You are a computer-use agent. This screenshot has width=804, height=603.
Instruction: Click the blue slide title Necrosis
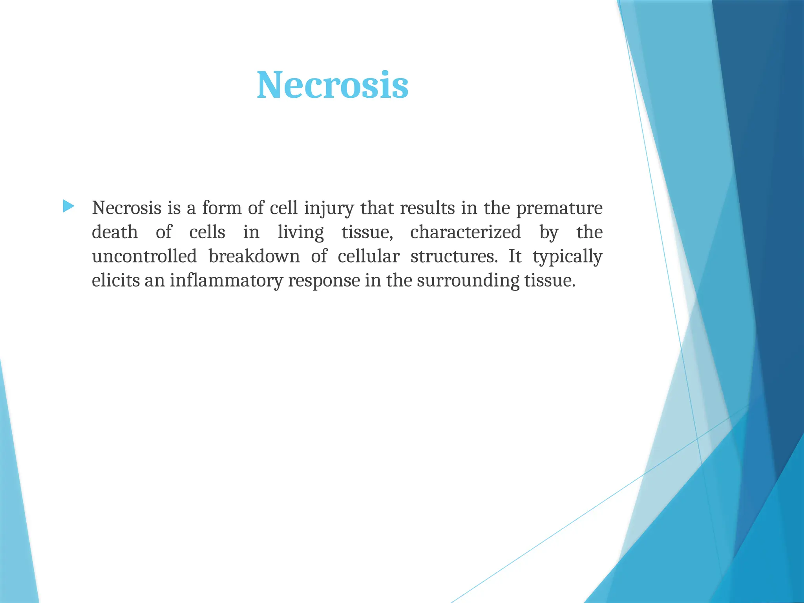coord(333,85)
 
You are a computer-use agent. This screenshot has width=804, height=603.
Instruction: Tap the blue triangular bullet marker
coord(68,206)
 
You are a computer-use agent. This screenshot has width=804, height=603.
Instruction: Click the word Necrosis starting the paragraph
coord(126,208)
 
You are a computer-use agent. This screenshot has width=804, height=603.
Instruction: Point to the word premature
coord(559,208)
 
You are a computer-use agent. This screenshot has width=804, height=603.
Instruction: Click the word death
coord(115,232)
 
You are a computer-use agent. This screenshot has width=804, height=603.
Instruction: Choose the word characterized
coord(465,232)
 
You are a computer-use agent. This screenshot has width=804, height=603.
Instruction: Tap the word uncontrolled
coord(144,256)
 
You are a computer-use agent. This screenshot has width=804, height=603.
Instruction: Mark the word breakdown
coord(254,256)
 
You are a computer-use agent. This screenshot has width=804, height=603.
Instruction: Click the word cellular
coord(368,256)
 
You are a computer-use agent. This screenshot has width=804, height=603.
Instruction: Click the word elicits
coord(116,280)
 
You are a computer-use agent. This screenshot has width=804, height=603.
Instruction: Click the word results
coord(428,208)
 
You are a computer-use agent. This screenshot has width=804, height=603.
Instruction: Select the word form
coord(222,208)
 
